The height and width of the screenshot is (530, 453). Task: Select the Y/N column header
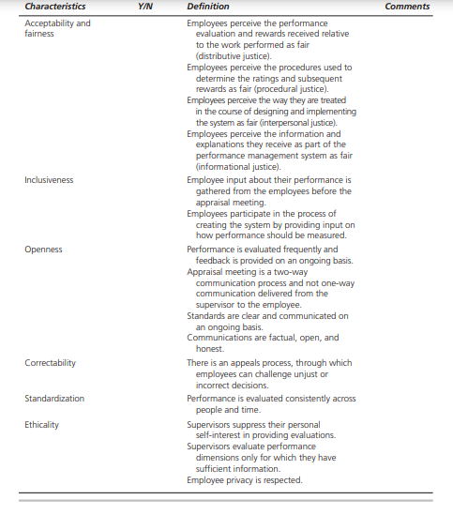tap(145, 7)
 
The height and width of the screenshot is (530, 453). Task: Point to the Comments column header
tap(407, 7)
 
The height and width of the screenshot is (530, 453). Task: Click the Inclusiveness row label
tap(49, 179)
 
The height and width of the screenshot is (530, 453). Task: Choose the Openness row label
tap(44, 250)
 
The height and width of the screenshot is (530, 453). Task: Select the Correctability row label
tap(51, 362)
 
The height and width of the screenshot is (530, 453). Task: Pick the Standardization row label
tap(54, 398)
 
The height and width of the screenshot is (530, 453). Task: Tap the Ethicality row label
tap(42, 424)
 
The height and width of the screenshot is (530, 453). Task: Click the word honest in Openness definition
tap(210, 348)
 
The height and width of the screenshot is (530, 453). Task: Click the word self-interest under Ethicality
tap(220, 435)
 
